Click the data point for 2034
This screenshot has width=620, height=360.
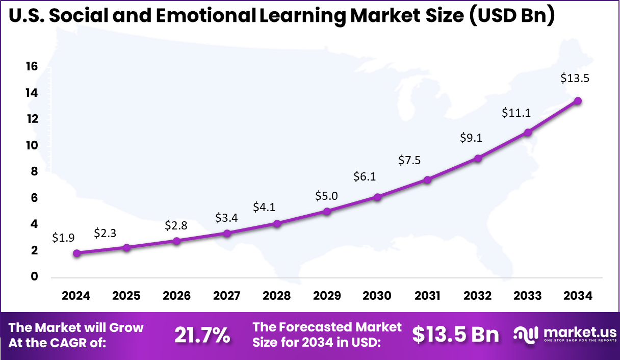tap(578, 101)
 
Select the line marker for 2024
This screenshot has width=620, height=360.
tap(76, 253)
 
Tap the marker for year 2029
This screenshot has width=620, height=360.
tap(327, 211)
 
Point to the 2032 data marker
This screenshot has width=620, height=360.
tap(478, 158)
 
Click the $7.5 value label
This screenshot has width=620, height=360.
tap(410, 161)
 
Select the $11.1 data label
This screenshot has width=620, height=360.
tap(516, 113)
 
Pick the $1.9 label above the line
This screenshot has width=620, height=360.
tap(63, 238)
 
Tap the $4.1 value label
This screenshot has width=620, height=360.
tap(264, 207)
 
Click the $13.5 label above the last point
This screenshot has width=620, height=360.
tap(575, 78)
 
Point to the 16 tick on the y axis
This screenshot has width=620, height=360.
tap(32, 66)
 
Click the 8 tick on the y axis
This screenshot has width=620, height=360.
tap(35, 172)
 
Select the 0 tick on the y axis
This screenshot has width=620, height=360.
tap(35, 277)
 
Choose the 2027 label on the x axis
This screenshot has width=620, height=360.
tap(227, 296)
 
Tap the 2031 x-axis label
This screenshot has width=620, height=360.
tap(427, 296)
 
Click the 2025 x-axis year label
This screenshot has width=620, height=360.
tap(126, 296)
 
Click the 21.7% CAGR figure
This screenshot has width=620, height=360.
tap(202, 335)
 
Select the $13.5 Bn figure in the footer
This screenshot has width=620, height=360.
tap(455, 335)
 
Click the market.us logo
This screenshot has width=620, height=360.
tap(563, 335)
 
